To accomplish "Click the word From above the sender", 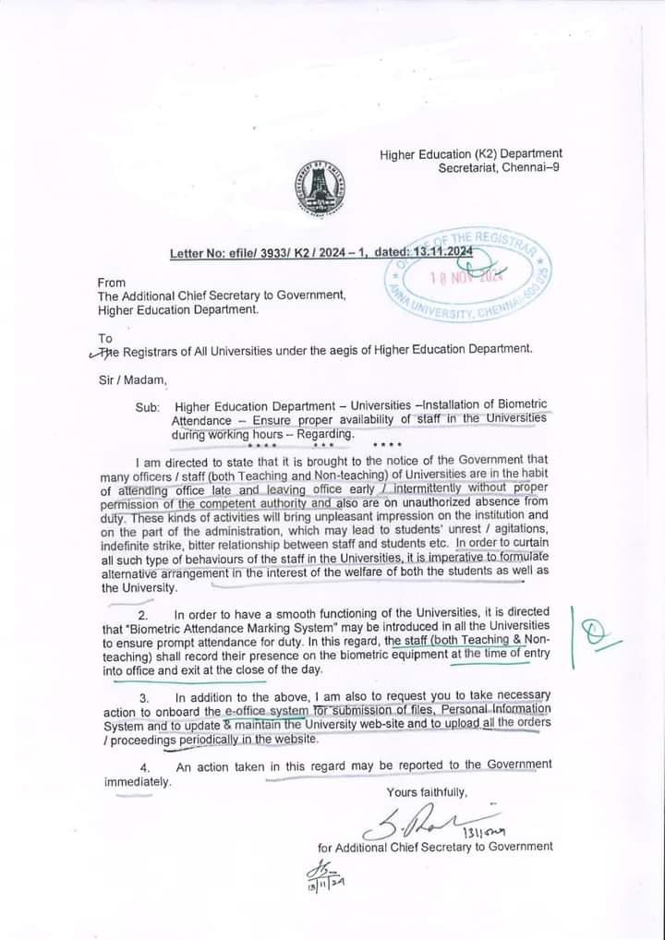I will [112, 282].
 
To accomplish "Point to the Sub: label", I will [148, 406].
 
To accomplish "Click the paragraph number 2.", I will [143, 614].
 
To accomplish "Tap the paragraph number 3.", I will [144, 696].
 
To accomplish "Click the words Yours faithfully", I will [428, 792].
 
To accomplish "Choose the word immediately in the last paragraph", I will [138, 782].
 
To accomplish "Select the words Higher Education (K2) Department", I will [471, 153].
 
